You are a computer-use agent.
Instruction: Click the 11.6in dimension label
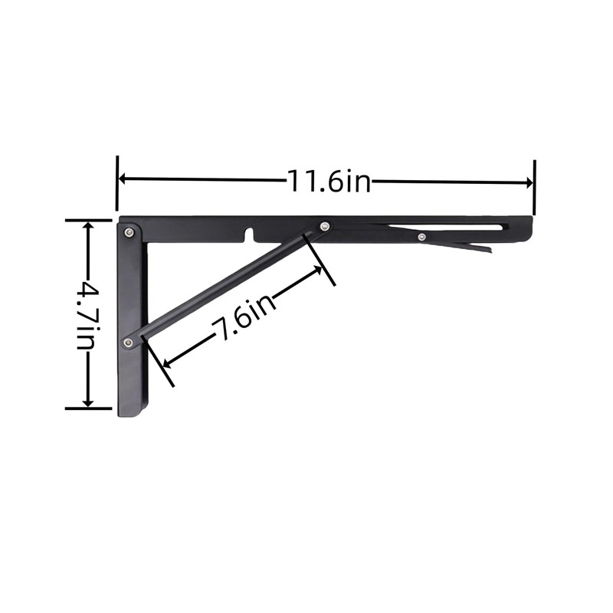pyautogui.click(x=329, y=182)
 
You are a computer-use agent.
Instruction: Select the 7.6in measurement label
pyautogui.click(x=244, y=317)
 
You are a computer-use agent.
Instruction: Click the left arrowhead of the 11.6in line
pyautogui.click(x=123, y=179)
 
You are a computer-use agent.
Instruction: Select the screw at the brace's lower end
pyautogui.click(x=129, y=340)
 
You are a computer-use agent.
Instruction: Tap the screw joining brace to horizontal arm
pyautogui.click(x=325, y=226)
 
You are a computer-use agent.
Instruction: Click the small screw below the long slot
pyautogui.click(x=421, y=237)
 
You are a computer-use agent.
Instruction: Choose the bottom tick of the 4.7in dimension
pyautogui.click(x=88, y=408)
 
